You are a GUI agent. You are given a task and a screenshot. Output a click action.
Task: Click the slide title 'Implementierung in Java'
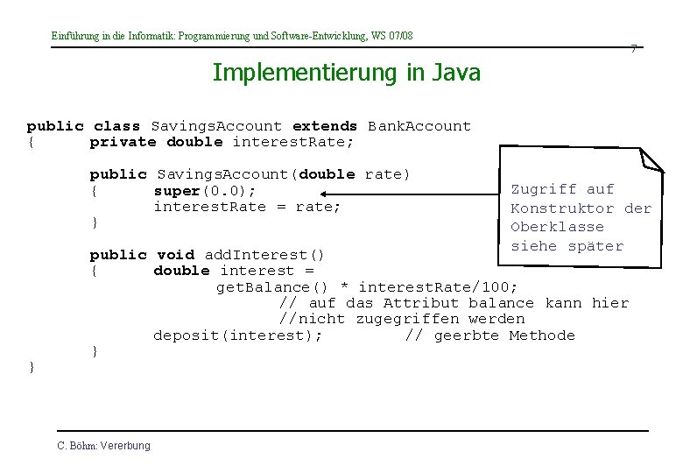click(346, 72)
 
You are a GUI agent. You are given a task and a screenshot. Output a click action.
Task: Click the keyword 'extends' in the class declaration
click(325, 126)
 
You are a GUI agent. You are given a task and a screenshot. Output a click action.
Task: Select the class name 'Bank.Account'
click(419, 126)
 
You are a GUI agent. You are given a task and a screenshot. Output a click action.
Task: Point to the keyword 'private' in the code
click(123, 142)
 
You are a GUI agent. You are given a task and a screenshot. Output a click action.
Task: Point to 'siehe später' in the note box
click(567, 246)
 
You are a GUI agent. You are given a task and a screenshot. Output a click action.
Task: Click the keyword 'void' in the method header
click(175, 255)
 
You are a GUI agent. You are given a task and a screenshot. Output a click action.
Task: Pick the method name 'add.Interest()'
click(264, 255)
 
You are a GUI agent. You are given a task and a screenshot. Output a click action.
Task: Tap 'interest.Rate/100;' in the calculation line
click(439, 287)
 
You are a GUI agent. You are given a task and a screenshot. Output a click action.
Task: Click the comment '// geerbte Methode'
click(490, 335)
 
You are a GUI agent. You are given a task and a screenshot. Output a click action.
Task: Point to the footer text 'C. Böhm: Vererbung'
click(103, 446)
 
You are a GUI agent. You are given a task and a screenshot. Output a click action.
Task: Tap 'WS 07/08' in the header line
click(391, 36)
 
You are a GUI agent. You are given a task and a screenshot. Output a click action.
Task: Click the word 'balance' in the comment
click(500, 303)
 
